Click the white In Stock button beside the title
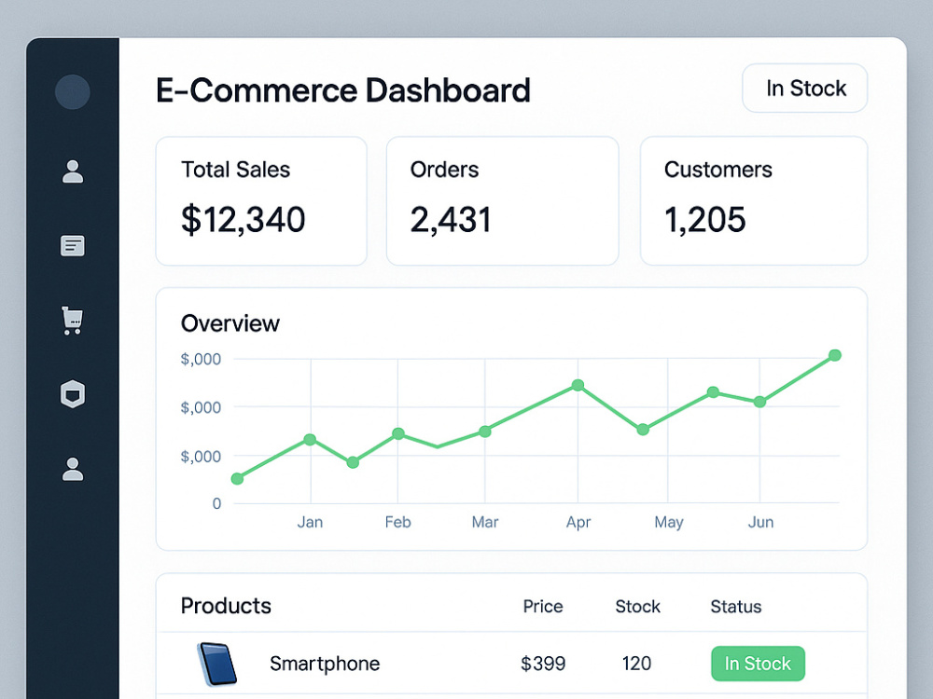[x=804, y=88]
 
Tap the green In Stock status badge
[x=758, y=664]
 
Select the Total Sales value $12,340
[x=243, y=219]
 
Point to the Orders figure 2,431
[x=451, y=219]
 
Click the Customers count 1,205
[x=704, y=219]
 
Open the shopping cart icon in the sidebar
[x=73, y=321]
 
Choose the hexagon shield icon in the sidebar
[x=73, y=394]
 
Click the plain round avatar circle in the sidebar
[x=73, y=91]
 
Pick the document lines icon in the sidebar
[x=73, y=245]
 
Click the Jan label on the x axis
[x=310, y=522]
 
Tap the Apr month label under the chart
[x=578, y=523]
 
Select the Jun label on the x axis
[x=760, y=522]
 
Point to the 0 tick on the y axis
[x=216, y=503]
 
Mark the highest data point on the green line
[x=835, y=355]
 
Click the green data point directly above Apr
[x=578, y=385]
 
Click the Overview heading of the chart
[x=230, y=323]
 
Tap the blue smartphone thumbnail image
[x=216, y=664]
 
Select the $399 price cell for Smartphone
[x=543, y=664]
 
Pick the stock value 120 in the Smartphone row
[x=636, y=664]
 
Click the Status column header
[x=736, y=607]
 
